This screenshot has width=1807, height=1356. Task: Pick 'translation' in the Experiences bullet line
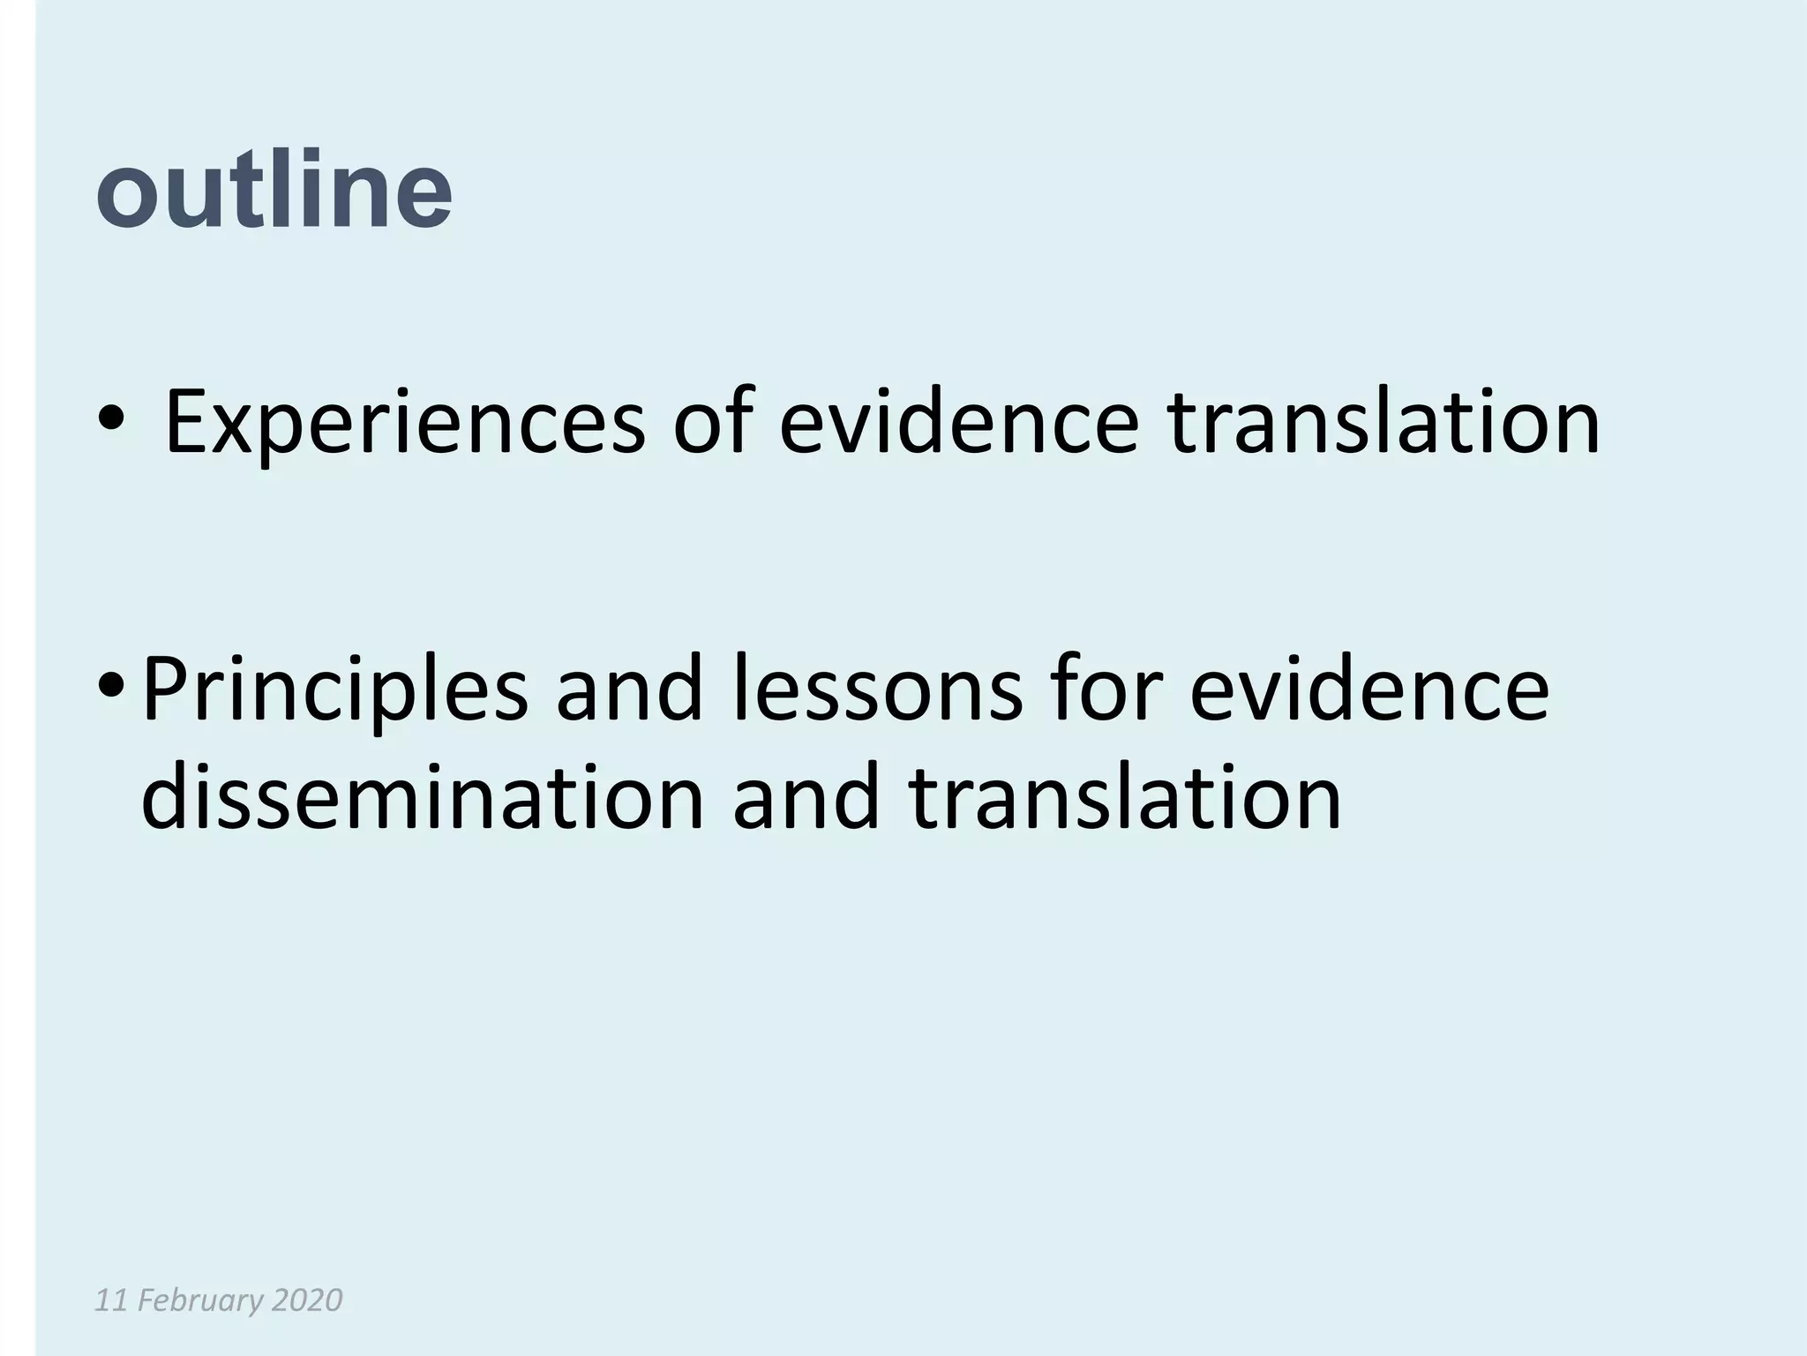1384,422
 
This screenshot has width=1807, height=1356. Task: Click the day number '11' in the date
109,1300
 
